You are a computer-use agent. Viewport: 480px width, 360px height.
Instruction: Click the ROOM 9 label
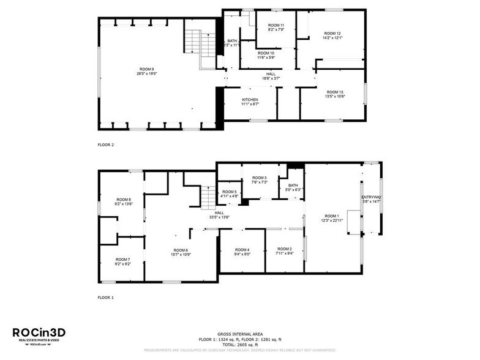(146, 69)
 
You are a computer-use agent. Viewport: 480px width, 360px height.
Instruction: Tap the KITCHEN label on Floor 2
(250, 100)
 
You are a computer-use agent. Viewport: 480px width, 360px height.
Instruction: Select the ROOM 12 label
(332, 33)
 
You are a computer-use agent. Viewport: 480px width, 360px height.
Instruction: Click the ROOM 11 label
(276, 26)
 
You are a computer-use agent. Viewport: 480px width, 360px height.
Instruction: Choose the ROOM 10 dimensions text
(266, 58)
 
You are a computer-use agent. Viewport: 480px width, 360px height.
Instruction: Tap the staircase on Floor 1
(209, 197)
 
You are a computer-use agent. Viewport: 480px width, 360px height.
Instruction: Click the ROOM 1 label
(332, 216)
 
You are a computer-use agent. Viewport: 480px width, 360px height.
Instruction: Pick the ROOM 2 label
(283, 249)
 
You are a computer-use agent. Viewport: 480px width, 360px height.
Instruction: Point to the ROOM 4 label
(242, 250)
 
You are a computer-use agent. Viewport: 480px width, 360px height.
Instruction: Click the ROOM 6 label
(181, 250)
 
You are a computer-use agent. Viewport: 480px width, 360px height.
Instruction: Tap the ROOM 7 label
(122, 260)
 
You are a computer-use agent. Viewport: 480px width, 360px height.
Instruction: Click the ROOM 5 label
(230, 192)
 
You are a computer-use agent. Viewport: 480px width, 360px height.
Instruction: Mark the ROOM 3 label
(260, 178)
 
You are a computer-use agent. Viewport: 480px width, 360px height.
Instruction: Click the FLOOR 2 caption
(106, 145)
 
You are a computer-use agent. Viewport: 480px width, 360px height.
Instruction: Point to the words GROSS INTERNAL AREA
(240, 334)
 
